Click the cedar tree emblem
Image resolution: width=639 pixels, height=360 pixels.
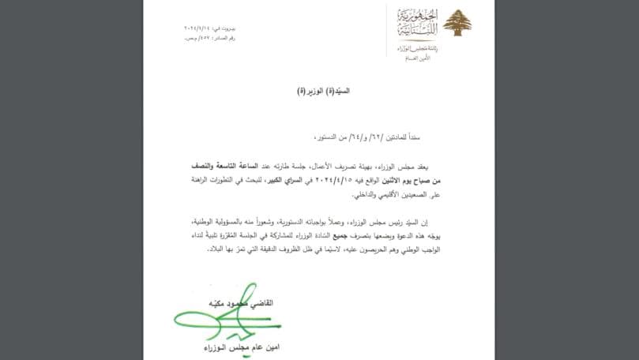(456, 23)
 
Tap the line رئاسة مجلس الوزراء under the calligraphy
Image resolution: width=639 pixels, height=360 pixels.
(415, 49)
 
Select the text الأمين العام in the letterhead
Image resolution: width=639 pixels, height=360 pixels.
(416, 58)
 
